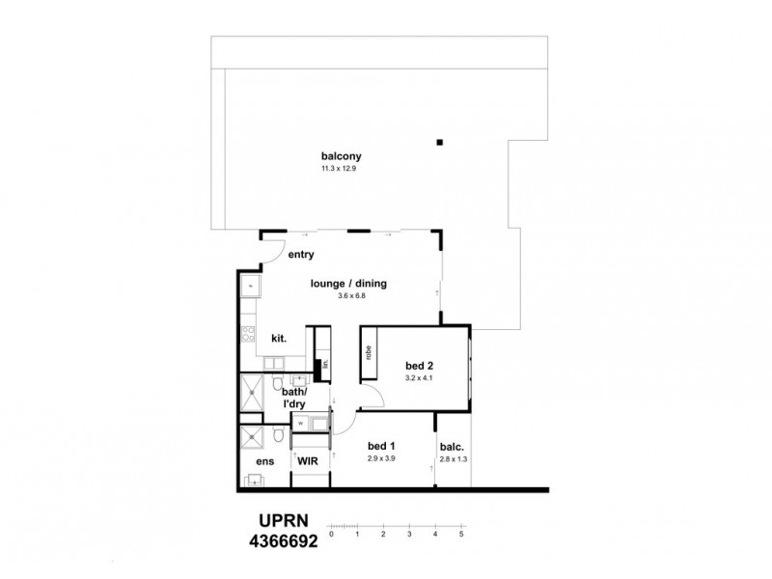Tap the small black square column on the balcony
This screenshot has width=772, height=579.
pyautogui.click(x=440, y=143)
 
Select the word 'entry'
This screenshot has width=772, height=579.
pyautogui.click(x=302, y=255)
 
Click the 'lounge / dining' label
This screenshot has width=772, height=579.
pyautogui.click(x=348, y=283)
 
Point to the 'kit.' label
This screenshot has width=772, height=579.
pyautogui.click(x=279, y=339)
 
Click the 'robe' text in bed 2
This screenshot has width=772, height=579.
pyautogui.click(x=369, y=352)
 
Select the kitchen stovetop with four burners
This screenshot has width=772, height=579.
pyautogui.click(x=247, y=337)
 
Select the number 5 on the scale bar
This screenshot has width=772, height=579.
pyautogui.click(x=461, y=532)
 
